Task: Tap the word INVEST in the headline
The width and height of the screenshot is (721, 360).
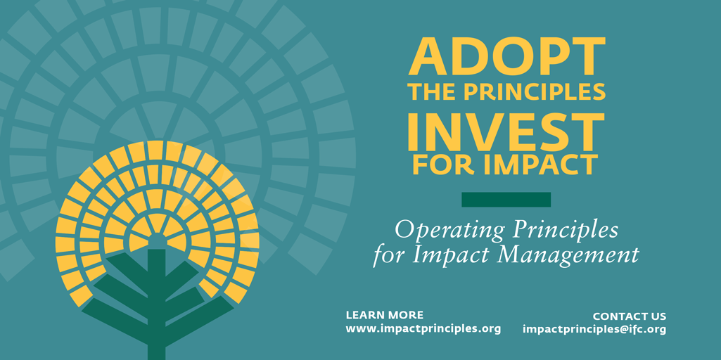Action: click(x=506, y=132)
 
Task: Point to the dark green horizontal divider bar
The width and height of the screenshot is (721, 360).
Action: click(x=506, y=200)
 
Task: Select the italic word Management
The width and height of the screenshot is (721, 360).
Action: click(x=561, y=256)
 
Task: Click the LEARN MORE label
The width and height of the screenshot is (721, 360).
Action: click(x=384, y=316)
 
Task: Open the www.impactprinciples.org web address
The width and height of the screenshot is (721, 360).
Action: click(x=423, y=329)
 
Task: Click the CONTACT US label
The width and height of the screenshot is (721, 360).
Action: click(x=629, y=316)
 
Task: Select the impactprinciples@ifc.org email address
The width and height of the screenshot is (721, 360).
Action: click(x=594, y=330)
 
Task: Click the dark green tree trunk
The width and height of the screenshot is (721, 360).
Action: click(x=156, y=304)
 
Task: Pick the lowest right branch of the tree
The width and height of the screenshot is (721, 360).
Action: click(x=199, y=318)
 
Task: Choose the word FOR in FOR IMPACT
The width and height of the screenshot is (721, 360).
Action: click(x=441, y=165)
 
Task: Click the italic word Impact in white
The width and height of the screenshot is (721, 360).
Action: click(x=445, y=256)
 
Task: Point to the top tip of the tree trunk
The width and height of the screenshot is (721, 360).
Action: click(x=156, y=249)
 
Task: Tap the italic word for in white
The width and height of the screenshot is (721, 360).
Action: click(x=390, y=256)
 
